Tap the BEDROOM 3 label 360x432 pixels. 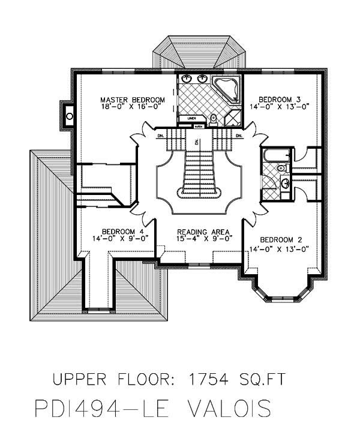(x=279, y=99)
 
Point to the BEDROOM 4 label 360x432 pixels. (x=122, y=232)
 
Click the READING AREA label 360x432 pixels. (x=200, y=232)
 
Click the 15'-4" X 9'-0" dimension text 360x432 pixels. (x=200, y=239)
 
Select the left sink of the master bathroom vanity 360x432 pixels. (x=187, y=79)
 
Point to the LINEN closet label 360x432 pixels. (x=191, y=118)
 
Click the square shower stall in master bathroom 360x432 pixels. (x=232, y=118)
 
